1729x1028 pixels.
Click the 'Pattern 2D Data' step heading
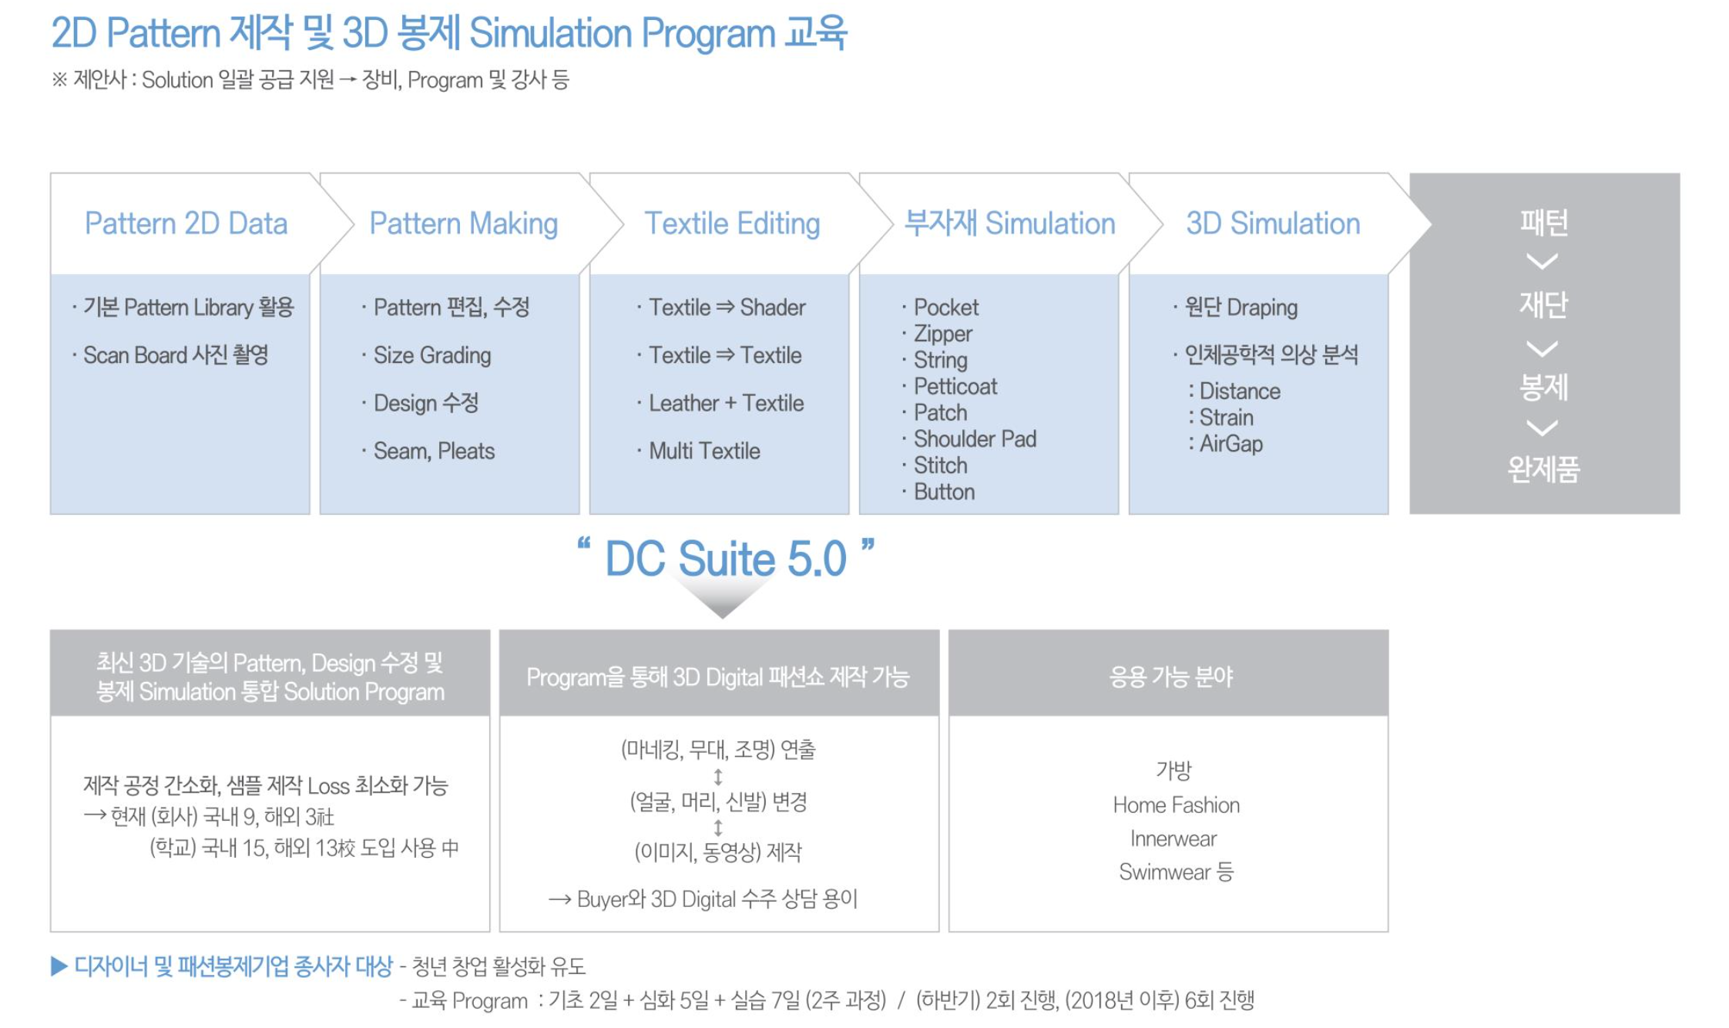[186, 223]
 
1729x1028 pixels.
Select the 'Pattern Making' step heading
[464, 224]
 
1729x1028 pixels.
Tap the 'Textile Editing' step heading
[732, 224]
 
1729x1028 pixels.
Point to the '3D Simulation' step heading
[1273, 223]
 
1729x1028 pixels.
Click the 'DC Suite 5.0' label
[725, 559]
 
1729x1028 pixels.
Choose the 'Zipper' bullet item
[942, 334]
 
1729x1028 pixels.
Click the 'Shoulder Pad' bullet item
[975, 439]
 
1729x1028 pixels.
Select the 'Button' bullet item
[944, 492]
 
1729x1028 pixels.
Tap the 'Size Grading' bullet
[431, 355]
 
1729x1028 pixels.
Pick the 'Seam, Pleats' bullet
[434, 451]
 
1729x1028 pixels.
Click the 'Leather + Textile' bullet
[726, 403]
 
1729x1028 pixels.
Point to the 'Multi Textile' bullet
[704, 451]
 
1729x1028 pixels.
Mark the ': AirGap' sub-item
[1225, 444]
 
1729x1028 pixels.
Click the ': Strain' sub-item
[1220, 418]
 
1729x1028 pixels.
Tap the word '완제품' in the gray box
[1543, 469]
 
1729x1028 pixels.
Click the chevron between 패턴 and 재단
[1543, 262]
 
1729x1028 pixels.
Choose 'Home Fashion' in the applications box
[1176, 805]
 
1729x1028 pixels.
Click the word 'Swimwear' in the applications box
[1164, 872]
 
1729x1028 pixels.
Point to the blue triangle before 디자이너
[59, 966]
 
